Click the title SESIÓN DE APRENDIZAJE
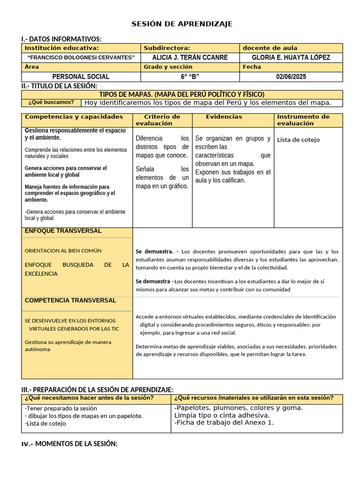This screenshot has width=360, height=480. pos(181,24)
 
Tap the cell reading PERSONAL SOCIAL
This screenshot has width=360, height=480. pos(81,76)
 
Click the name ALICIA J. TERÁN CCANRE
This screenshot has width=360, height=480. pos(190,57)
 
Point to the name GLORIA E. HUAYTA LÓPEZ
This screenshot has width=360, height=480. pos(291,57)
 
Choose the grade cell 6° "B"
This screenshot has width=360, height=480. pos(190,76)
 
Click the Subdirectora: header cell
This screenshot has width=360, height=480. pos(167,48)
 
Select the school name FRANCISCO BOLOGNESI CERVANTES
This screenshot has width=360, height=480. pos(81,57)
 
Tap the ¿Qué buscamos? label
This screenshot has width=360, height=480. pos(51,102)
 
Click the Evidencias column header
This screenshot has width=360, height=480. pos(224,117)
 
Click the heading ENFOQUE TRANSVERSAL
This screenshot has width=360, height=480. pos(63,231)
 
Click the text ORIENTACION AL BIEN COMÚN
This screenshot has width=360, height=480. pos(63,251)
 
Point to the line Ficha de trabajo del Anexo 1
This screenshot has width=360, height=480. pos(224,422)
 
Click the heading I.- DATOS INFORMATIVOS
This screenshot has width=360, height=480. pos(61,39)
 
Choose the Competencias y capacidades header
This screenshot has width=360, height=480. pos(74,117)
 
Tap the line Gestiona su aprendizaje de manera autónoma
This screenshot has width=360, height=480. pos(68,345)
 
